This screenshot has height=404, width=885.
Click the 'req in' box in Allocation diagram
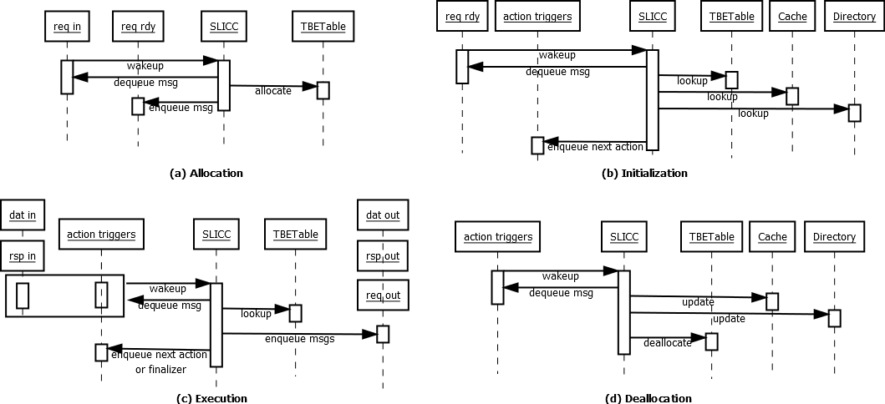pos(67,27)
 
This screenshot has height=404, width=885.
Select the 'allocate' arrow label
pos(273,91)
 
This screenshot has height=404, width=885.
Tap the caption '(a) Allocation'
pos(206,174)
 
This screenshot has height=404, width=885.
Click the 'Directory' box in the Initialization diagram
pos(854,17)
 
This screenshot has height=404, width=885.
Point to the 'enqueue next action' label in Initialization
pos(595,147)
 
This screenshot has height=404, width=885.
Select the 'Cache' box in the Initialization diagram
pos(791,17)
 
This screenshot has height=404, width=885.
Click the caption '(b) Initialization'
pos(644,174)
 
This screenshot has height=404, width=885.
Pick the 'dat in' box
pos(23,215)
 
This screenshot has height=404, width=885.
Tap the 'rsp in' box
pos(23,255)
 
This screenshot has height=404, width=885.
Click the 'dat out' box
pos(383,215)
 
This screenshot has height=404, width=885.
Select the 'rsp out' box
pos(383,255)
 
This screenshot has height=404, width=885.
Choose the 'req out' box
pos(383,295)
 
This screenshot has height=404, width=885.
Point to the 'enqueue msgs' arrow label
pos(300,339)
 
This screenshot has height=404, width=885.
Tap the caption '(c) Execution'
pos(211,398)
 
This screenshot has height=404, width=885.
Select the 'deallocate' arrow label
pos(667,343)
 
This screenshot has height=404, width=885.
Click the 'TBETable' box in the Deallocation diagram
pos(711,237)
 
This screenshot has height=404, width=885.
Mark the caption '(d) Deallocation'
pos(648,398)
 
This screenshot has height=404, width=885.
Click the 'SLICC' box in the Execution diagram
pos(216,235)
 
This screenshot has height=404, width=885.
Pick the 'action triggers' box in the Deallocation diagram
pos(497,237)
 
